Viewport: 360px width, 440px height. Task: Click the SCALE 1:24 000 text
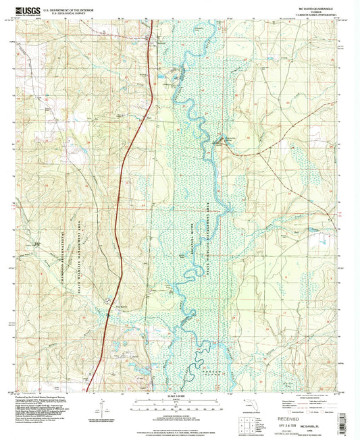click(x=179, y=395)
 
